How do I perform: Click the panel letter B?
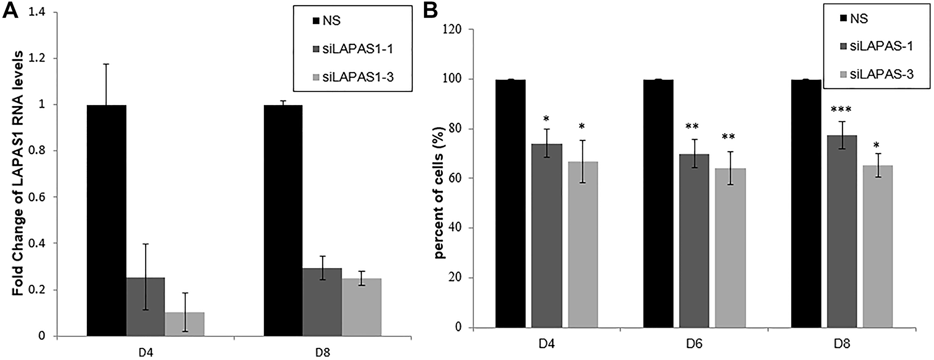click(430, 11)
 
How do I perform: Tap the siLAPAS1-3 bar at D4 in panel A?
click(184, 324)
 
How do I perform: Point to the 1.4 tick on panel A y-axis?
click(38, 13)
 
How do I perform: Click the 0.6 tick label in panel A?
click(38, 197)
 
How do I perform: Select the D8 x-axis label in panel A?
click(322, 351)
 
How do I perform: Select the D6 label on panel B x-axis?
click(694, 344)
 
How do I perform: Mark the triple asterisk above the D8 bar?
click(842, 110)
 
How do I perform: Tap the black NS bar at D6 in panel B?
click(658, 204)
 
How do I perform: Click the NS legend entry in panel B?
click(852, 19)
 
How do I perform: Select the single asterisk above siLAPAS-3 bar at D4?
click(582, 127)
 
